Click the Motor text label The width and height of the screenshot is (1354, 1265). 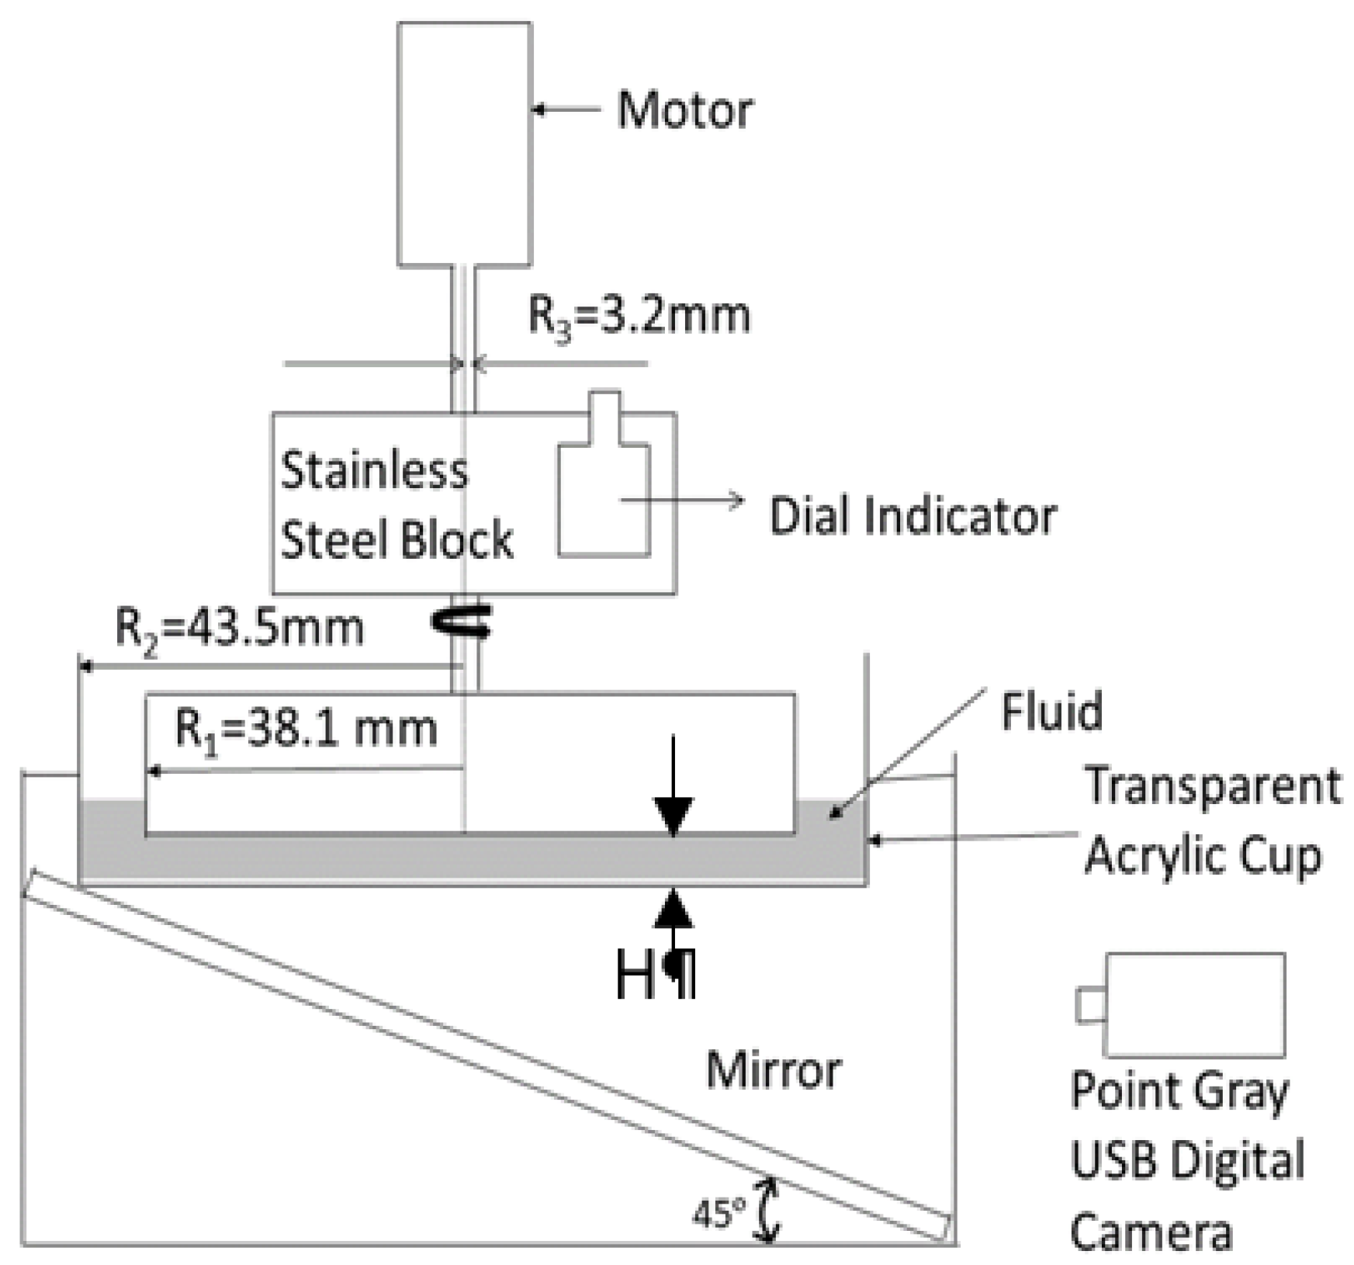coord(684,110)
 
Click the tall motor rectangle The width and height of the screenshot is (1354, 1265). coord(464,144)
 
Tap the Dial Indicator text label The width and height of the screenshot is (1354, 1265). coord(912,516)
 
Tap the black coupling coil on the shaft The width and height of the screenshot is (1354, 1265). coord(462,622)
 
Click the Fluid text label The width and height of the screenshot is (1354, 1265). coord(1051,711)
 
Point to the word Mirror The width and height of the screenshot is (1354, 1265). coord(774,1071)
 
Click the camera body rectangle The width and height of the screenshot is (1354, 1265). coord(1194,1005)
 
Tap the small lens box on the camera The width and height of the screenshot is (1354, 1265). coord(1089,1005)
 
